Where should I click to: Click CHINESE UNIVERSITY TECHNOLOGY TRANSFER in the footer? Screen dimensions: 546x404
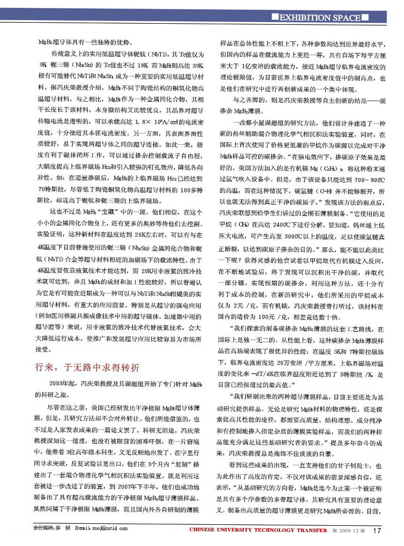(259, 530)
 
